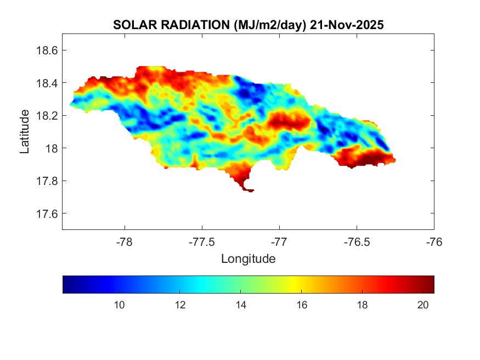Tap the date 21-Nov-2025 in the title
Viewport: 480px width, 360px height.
coord(346,25)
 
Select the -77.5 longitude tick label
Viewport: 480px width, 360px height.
coord(202,241)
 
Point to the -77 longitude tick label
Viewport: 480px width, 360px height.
coord(279,241)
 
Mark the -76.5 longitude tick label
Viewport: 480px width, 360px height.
coord(357,241)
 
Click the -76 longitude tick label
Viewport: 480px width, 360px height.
coord(434,241)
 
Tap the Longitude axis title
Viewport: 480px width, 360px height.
coord(248,258)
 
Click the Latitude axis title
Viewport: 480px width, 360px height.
coord(25,131)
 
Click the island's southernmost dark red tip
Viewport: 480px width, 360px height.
coord(249,190)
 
